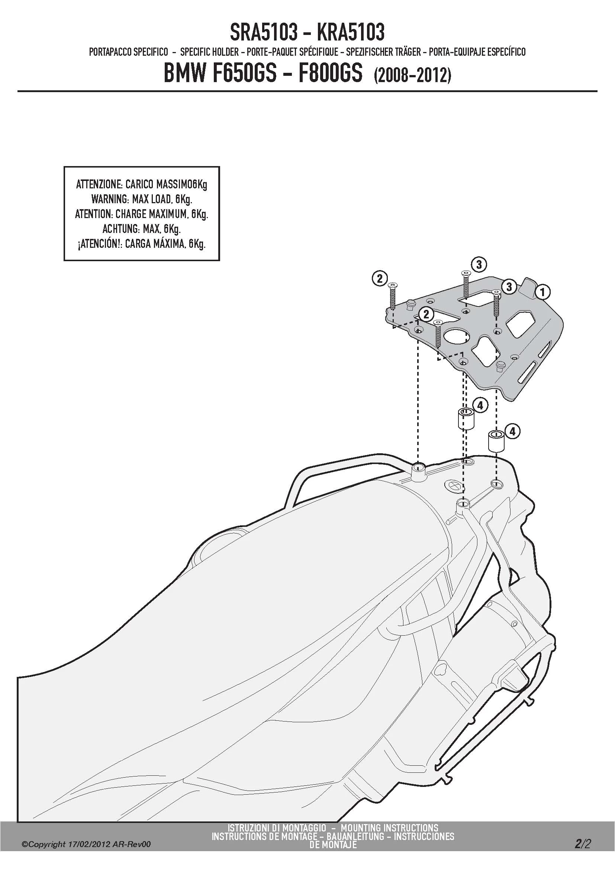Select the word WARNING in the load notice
point(109,199)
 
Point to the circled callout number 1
point(542,292)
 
